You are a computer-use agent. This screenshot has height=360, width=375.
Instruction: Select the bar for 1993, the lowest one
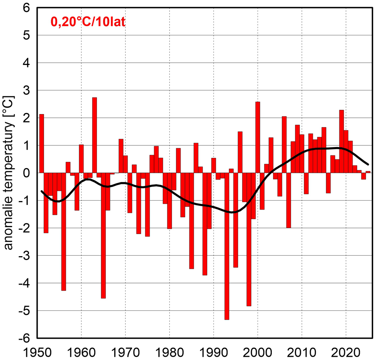[227, 246]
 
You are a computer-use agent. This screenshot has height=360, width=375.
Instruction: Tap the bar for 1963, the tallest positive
[94, 135]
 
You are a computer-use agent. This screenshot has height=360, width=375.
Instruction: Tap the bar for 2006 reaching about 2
[284, 145]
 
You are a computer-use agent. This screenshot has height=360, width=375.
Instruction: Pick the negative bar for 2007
[288, 200]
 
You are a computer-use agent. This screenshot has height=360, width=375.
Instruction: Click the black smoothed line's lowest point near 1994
[233, 212]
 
